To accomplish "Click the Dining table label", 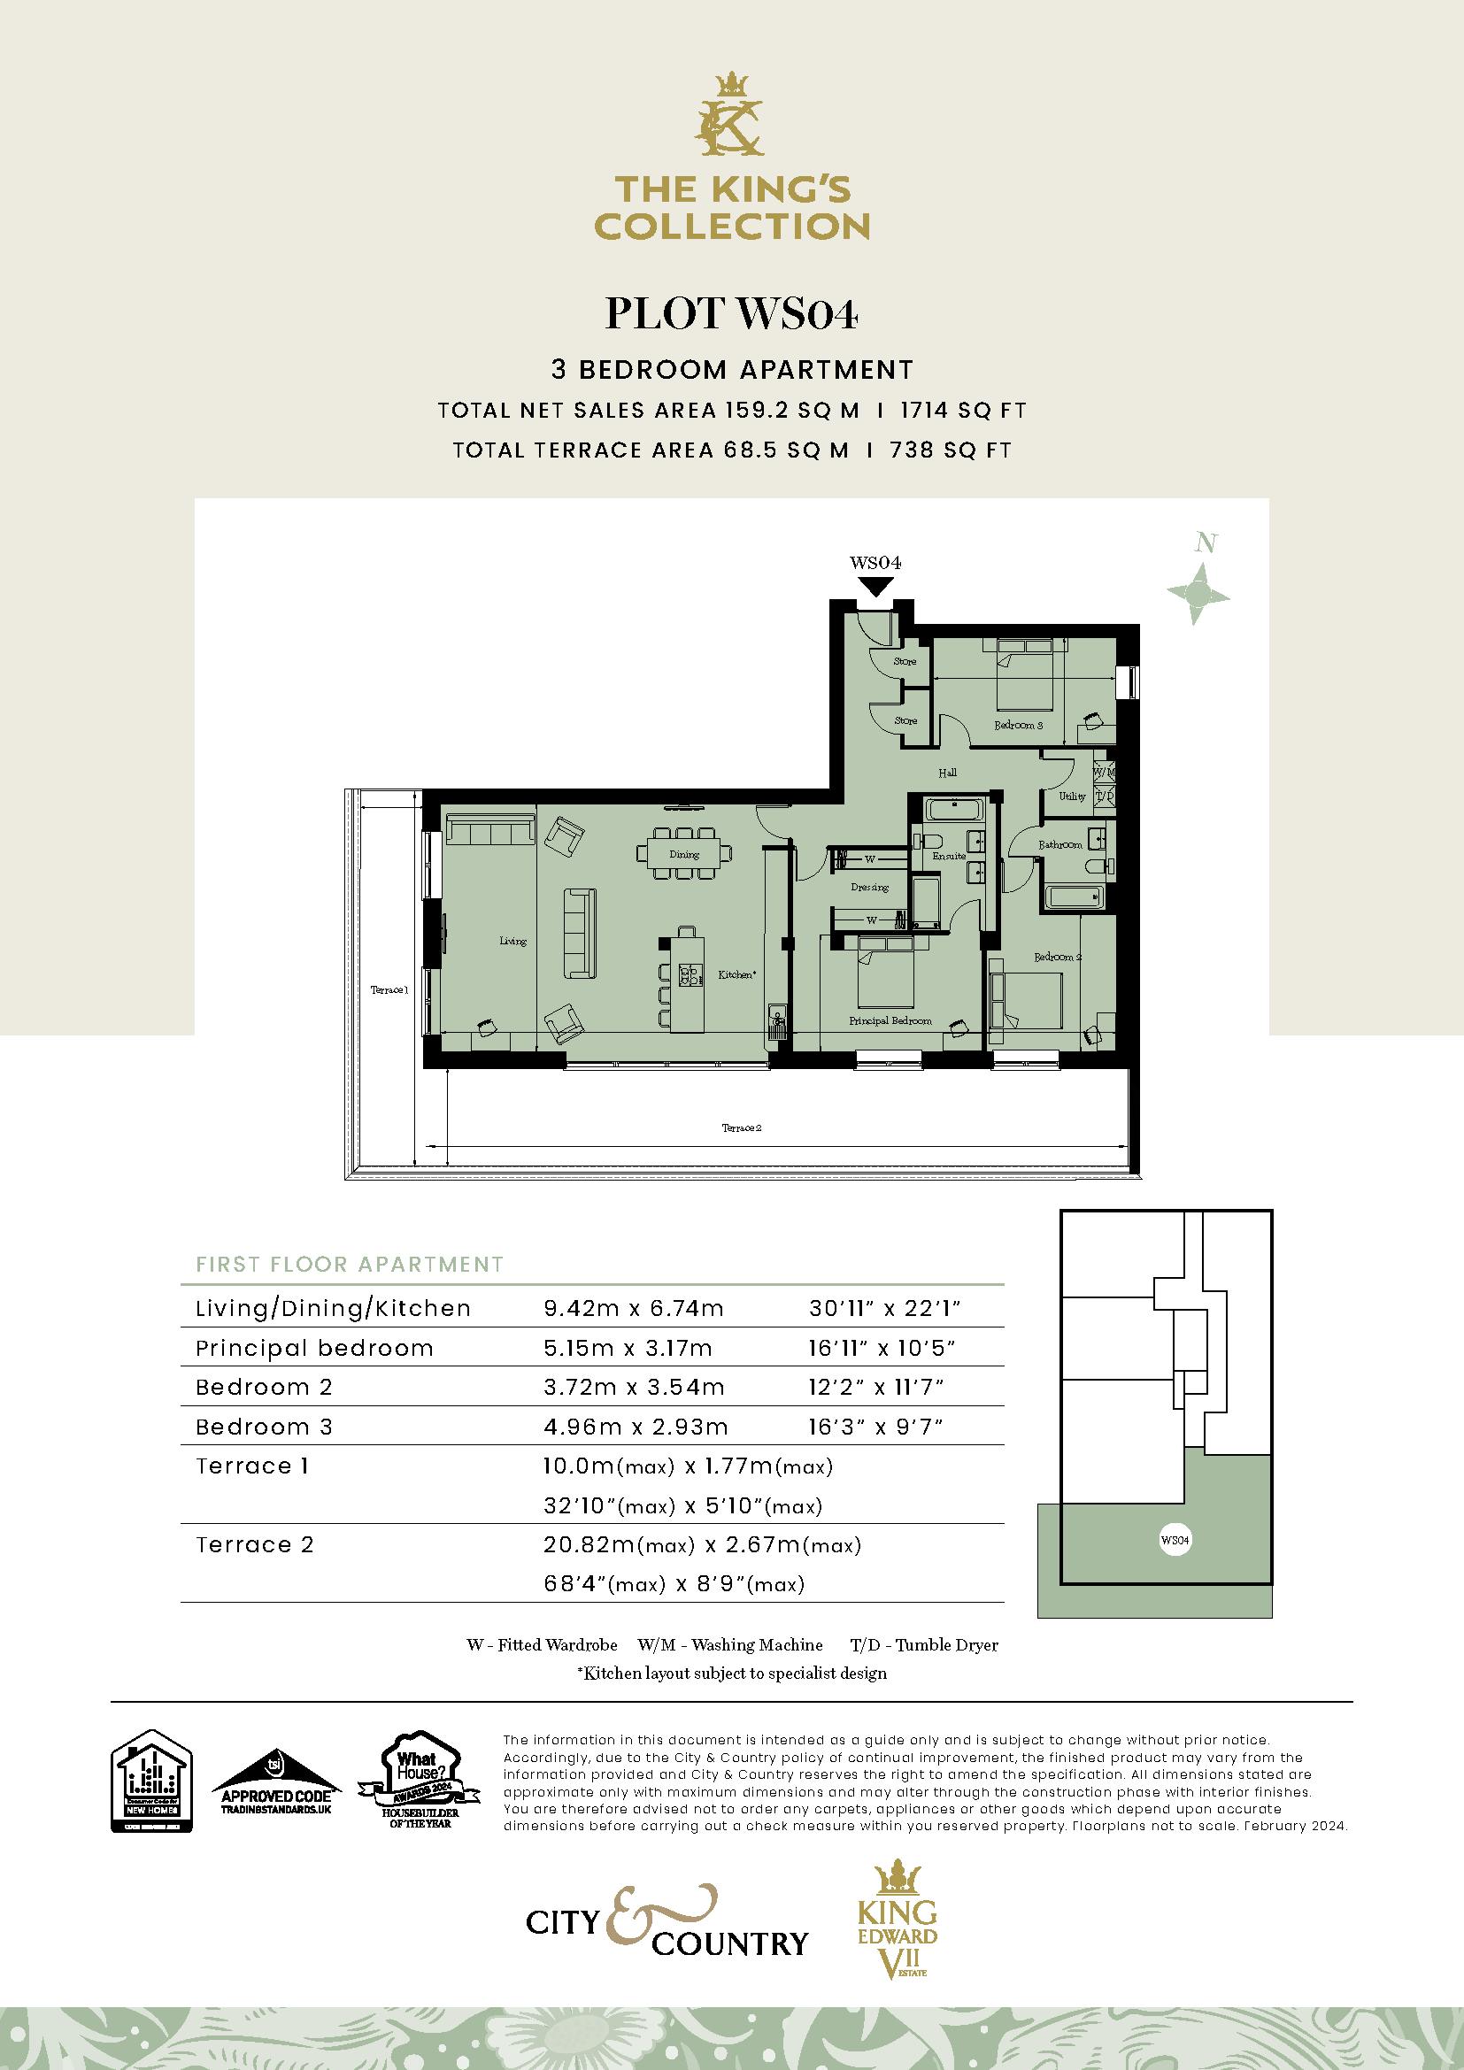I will click(x=684, y=854).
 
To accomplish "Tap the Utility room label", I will click(x=1072, y=796).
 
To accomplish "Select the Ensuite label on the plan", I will click(x=948, y=856).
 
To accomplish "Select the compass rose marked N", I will click(x=1198, y=592).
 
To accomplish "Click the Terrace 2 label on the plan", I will click(x=742, y=1127).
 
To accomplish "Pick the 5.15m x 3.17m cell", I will click(x=628, y=1348).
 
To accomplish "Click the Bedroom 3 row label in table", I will click(x=264, y=1427).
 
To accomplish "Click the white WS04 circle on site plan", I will click(x=1175, y=1540).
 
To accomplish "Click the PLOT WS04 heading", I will click(x=731, y=314).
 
